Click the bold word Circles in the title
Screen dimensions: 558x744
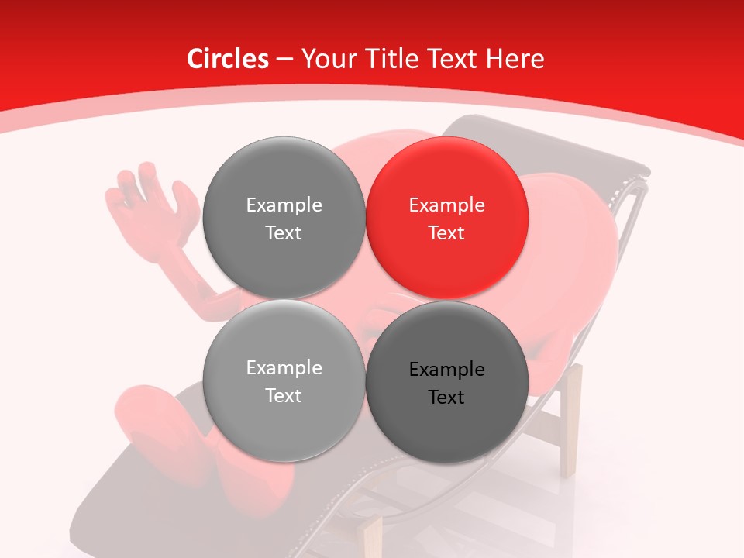pos(228,59)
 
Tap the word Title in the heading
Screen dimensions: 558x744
pos(384,59)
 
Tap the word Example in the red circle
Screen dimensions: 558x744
pos(447,205)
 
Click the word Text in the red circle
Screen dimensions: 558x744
pos(447,233)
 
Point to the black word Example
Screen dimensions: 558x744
pos(447,370)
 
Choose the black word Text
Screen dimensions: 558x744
pos(447,398)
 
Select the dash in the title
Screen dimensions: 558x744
pos(284,60)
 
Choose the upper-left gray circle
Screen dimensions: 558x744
pos(284,218)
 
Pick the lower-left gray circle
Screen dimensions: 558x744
pos(284,381)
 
